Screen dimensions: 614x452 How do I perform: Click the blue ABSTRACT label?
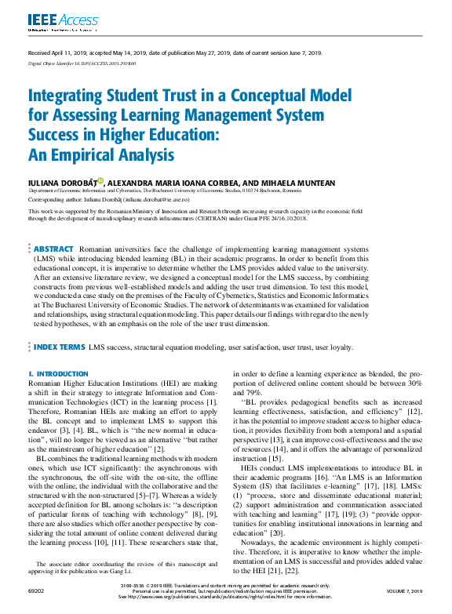tap(54, 248)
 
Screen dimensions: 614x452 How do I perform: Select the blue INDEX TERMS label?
tap(60, 347)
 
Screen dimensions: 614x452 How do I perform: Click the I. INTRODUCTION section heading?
tap(58, 374)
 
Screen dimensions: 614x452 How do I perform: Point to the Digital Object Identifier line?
tap(71, 61)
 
